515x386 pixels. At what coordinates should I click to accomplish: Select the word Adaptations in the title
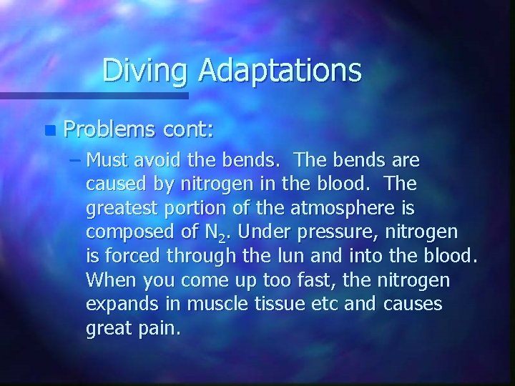(x=280, y=70)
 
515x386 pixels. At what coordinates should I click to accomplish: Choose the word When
(x=108, y=280)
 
